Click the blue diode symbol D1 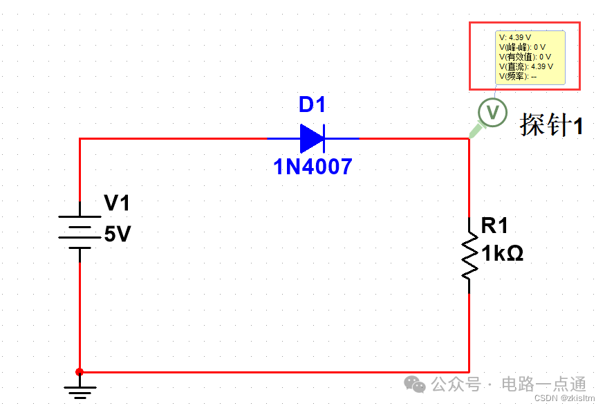pyautogui.click(x=313, y=138)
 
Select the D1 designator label pyautogui.click(x=312, y=105)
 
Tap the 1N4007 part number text pyautogui.click(x=313, y=167)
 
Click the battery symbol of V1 pyautogui.click(x=80, y=232)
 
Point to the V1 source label pyautogui.click(x=117, y=203)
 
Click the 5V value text pyautogui.click(x=118, y=234)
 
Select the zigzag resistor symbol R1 pyautogui.click(x=469, y=255)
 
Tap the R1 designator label pyautogui.click(x=494, y=225)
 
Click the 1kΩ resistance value pyautogui.click(x=503, y=254)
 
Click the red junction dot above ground pyautogui.click(x=80, y=372)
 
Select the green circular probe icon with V pyautogui.click(x=492, y=112)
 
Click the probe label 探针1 pyautogui.click(x=551, y=125)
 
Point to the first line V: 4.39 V pyautogui.click(x=515, y=37)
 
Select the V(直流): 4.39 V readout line pyautogui.click(x=526, y=66)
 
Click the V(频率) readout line pyautogui.click(x=518, y=76)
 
